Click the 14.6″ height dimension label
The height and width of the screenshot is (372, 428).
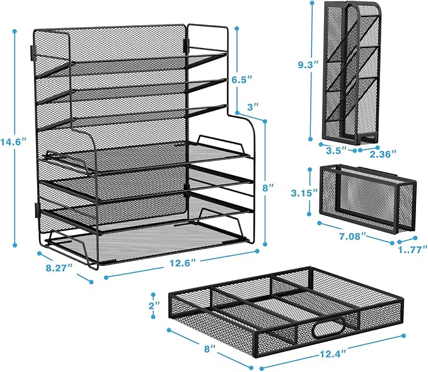11,142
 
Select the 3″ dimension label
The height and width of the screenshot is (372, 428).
252,107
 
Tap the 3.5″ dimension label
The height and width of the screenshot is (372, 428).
333,152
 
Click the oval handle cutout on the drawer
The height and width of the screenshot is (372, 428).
327,330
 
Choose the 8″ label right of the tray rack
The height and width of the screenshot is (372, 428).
269,188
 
